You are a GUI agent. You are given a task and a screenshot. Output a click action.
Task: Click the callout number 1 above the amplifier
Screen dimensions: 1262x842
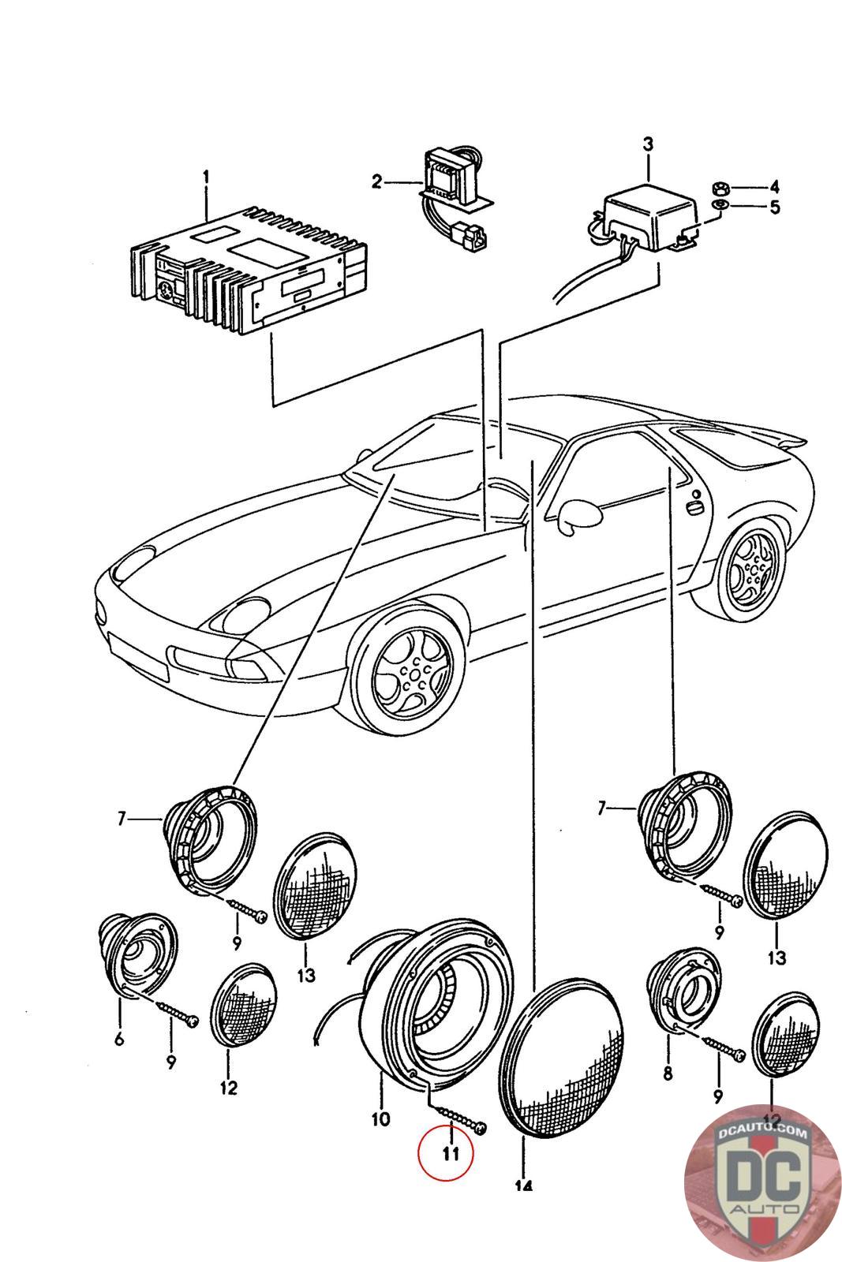[x=206, y=177]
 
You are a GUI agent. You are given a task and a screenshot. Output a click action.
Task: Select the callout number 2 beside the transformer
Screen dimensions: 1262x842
[x=377, y=182]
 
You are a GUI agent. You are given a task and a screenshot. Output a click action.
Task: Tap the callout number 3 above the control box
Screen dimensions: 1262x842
[x=648, y=144]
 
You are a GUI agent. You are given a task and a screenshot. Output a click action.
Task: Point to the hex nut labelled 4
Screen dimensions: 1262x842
[x=720, y=188]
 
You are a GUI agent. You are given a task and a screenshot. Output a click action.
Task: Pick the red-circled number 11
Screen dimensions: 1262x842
[x=447, y=1155]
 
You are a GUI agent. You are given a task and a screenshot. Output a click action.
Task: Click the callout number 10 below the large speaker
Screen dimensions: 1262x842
[x=380, y=1118]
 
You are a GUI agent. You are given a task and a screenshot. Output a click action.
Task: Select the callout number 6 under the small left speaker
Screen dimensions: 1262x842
[x=118, y=1039]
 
